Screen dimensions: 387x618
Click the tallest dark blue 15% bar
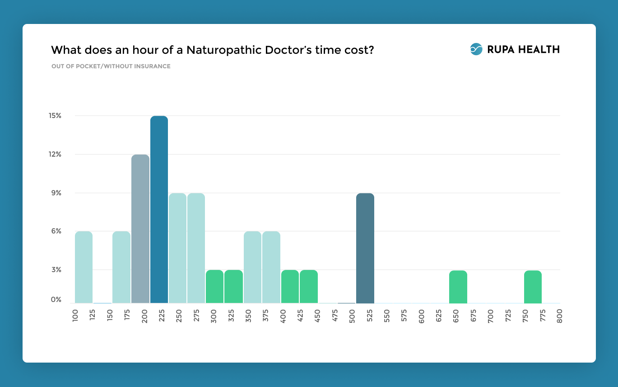pyautogui.click(x=159, y=209)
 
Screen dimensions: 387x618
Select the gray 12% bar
pyautogui.click(x=140, y=229)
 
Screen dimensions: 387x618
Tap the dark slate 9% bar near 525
pyautogui.click(x=365, y=248)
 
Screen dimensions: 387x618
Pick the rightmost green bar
pyautogui.click(x=533, y=287)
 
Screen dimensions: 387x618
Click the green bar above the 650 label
pyautogui.click(x=458, y=287)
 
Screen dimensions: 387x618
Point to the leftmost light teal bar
pyautogui.click(x=84, y=267)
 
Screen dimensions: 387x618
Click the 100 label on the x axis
pyautogui.click(x=75, y=315)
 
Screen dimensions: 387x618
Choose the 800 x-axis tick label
pyautogui.click(x=560, y=315)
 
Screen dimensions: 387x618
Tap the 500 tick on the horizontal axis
pyautogui.click(x=352, y=315)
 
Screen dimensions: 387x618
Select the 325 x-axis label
pyautogui.click(x=231, y=315)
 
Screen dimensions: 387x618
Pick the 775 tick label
pyautogui.click(x=543, y=315)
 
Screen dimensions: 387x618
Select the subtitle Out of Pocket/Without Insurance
pyautogui.click(x=111, y=66)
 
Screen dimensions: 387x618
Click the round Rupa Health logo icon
pyautogui.click(x=476, y=49)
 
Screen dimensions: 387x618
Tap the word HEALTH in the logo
pyautogui.click(x=539, y=50)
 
